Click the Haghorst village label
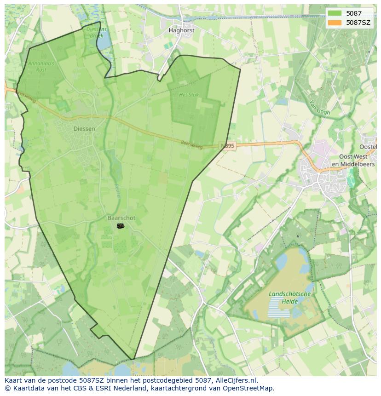pyautogui.click(x=181, y=30)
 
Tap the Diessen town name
pyautogui.click(x=84, y=129)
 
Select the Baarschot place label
pyautogui.click(x=121, y=218)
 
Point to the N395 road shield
pyautogui.click(x=227, y=146)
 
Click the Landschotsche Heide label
pyautogui.click(x=290, y=298)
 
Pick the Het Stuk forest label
pyautogui.click(x=189, y=95)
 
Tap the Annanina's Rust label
pyautogui.click(x=41, y=66)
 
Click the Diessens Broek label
pyautogui.click(x=96, y=32)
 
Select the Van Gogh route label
pyautogui.click(x=321, y=108)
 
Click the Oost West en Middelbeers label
pyautogui.click(x=353, y=161)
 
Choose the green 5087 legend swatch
pyautogui.click(x=335, y=13)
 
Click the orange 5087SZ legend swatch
pyautogui.click(x=335, y=22)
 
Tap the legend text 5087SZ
pyautogui.click(x=358, y=22)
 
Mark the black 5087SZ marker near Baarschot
pyautogui.click(x=121, y=226)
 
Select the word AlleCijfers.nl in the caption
pyautogui.click(x=237, y=380)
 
